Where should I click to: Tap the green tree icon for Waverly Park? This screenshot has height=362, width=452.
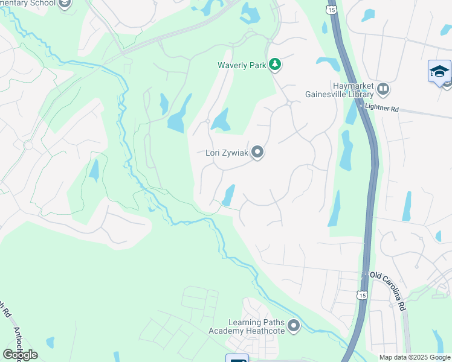tap(275, 64)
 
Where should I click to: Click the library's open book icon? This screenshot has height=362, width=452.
tap(383, 90)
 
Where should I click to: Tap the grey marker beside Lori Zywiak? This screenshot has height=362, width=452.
tap(257, 152)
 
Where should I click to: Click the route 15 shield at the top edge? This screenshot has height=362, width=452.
tap(330, 8)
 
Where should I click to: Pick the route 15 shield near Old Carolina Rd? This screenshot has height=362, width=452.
tap(362, 294)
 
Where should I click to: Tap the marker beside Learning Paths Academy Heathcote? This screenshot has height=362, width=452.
tap(294, 326)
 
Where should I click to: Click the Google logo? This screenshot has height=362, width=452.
tap(20, 354)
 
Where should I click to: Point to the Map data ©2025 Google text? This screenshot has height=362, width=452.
tap(415, 357)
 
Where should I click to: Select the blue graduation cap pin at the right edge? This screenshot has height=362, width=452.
tap(439, 72)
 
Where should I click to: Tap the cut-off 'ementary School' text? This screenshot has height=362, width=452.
tap(27, 3)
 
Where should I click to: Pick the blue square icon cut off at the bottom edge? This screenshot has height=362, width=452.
tap(237, 358)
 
